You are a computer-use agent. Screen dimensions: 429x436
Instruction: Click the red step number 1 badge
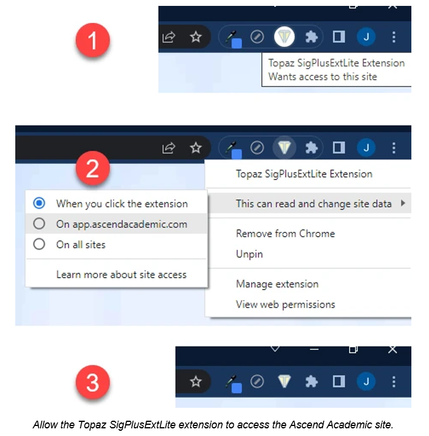click(x=93, y=40)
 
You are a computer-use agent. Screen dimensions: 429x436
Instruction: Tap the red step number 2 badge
click(x=93, y=168)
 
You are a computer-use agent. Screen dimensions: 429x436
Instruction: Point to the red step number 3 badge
click(x=93, y=382)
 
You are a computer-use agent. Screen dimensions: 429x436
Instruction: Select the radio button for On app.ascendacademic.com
click(x=39, y=224)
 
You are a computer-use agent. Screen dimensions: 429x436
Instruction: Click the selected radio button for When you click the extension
click(x=39, y=203)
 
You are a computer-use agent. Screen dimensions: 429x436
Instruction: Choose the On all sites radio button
click(x=39, y=244)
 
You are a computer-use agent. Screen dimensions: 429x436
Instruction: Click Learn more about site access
click(x=121, y=275)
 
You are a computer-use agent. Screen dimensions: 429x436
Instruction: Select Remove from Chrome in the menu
click(x=286, y=234)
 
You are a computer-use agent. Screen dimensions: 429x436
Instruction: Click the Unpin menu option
click(x=249, y=254)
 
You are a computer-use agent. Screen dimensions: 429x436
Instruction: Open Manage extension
click(x=277, y=284)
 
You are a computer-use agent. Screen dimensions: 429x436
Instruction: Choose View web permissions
click(x=286, y=304)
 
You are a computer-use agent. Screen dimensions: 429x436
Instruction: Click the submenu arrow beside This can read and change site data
click(x=403, y=203)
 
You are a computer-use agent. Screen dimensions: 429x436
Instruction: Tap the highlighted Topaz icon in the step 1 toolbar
click(x=284, y=36)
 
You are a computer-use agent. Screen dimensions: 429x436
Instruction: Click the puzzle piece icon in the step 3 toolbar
click(x=311, y=381)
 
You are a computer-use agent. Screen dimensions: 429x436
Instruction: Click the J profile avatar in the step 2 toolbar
click(x=366, y=147)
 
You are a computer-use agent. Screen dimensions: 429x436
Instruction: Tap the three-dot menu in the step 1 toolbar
click(x=394, y=36)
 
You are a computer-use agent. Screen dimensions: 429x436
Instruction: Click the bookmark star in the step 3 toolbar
click(x=196, y=381)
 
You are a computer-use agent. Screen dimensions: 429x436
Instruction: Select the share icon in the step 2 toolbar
click(x=169, y=148)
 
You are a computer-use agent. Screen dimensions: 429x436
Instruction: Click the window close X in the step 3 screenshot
click(x=393, y=350)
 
